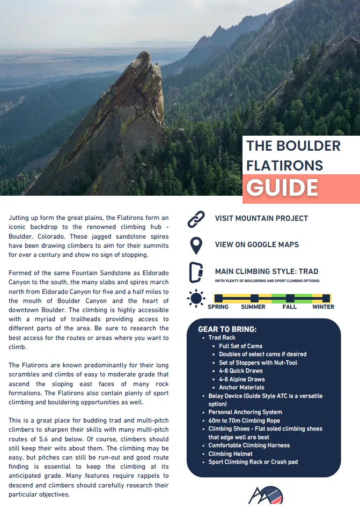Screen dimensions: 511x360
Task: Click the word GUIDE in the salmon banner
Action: [x=282, y=188]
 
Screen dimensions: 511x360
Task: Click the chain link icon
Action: [x=196, y=219]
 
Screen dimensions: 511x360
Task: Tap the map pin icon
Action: [x=196, y=245]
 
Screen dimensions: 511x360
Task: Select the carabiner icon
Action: [x=196, y=272]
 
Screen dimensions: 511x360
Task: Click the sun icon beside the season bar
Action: [x=196, y=299]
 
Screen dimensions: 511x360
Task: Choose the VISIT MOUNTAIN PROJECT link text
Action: [x=261, y=218]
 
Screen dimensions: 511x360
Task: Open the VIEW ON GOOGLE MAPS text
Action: [x=257, y=245]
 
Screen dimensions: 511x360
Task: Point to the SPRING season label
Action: [x=218, y=307]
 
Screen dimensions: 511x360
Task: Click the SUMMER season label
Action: [x=253, y=307]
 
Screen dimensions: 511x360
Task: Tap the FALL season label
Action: [x=290, y=307]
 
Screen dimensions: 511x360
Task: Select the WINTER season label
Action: [x=323, y=307]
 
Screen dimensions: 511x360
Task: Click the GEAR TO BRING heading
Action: [x=227, y=329]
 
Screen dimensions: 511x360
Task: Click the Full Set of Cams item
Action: [x=240, y=346]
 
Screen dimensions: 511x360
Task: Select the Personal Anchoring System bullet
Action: [x=245, y=412]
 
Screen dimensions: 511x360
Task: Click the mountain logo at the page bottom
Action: [x=265, y=494]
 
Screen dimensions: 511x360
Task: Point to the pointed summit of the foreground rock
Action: [x=144, y=53]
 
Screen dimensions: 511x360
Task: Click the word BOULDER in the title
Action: [x=308, y=146]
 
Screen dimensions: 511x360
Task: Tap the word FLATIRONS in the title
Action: [x=284, y=165]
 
